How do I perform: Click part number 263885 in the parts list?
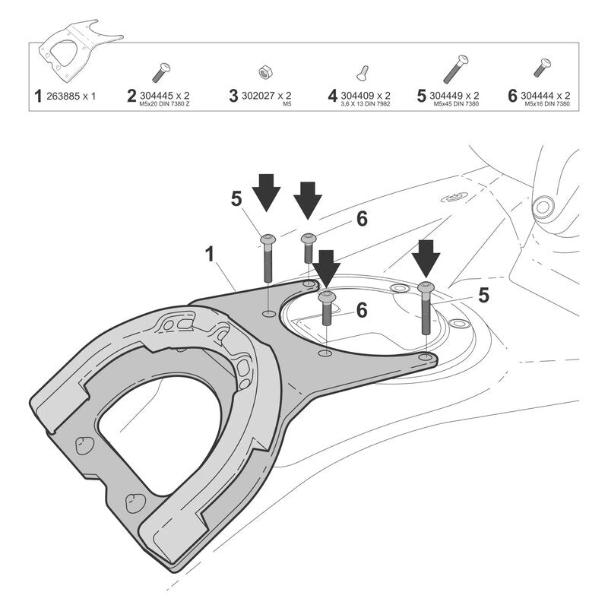coord(63,97)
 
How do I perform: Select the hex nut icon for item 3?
coord(264,71)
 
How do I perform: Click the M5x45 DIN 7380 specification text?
coord(457,104)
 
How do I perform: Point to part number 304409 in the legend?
coord(357,96)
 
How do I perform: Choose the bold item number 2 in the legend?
coord(131,96)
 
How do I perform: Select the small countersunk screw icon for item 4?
coord(363,74)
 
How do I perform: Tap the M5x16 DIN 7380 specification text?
coord(547,104)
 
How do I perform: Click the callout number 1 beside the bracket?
coord(210,255)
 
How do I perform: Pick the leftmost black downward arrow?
coord(266,193)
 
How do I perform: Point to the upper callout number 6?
coord(362,219)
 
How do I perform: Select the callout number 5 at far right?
coord(483,296)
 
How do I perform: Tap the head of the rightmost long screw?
coord(426,287)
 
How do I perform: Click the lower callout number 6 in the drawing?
coord(362,310)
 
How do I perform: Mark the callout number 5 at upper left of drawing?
coord(236,199)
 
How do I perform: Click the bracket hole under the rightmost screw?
coord(426,356)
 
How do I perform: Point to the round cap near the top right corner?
coord(543,206)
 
